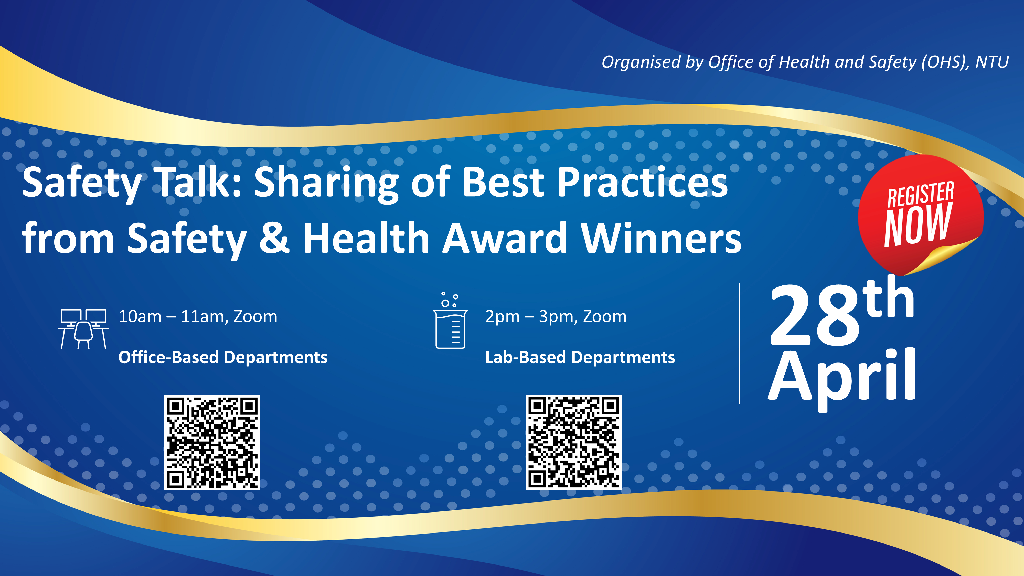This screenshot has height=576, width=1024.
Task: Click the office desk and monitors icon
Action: [83, 329]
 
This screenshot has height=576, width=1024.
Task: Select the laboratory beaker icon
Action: [450, 324]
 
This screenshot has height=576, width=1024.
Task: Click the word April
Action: [842, 378]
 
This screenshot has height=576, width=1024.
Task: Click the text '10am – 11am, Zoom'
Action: [198, 317]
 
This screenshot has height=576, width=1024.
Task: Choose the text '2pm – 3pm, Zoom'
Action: [556, 317]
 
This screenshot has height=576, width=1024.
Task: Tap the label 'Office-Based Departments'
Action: [223, 357]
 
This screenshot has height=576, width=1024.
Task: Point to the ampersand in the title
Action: [274, 239]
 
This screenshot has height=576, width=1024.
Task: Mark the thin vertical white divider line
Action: [739, 344]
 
